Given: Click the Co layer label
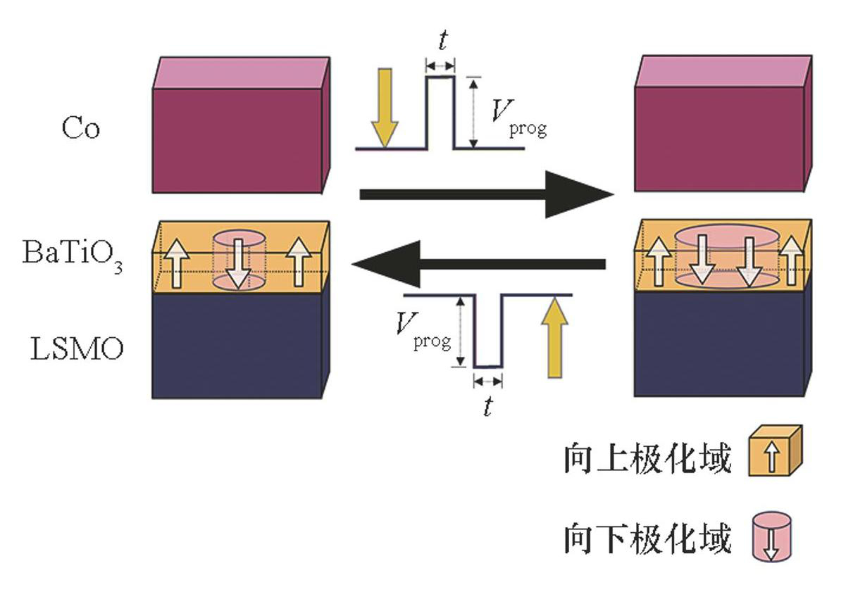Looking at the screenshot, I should tap(80, 129).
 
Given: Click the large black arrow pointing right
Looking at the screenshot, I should tap(486, 194).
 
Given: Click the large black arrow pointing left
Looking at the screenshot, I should tap(479, 264).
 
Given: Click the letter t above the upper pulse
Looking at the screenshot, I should tap(442, 42).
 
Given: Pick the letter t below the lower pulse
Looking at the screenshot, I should tap(487, 407).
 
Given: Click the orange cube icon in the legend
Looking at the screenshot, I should tap(775, 452).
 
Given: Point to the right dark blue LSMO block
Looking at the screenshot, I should tap(718, 345).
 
